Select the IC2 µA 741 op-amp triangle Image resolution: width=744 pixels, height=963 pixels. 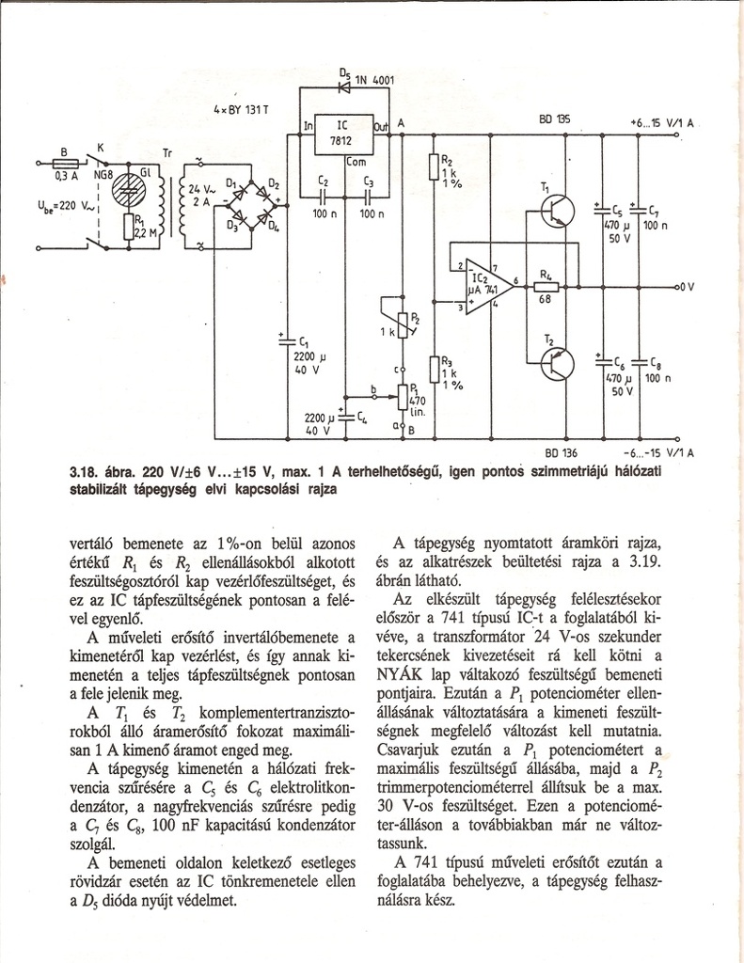coord(486,281)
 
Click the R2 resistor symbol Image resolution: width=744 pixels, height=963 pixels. coord(434,167)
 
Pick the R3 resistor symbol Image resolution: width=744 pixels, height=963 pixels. coord(433,369)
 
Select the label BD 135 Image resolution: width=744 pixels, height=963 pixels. coord(554,119)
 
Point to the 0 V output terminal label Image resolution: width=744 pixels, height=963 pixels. coord(686,285)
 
